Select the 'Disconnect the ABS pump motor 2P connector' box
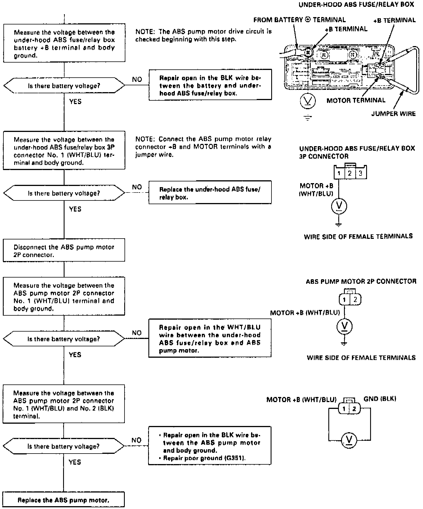pos(64,250)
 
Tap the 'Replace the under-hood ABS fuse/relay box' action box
pos(210,193)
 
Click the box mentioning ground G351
pos(210,446)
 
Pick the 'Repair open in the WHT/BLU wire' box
pos(210,338)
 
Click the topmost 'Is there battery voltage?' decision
pos(64,85)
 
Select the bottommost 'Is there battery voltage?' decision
pos(64,446)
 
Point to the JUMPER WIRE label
pos(393,114)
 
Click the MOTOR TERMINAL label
pos(356,100)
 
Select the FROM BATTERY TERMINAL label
pos(300,20)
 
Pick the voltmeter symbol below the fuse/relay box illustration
pos(308,101)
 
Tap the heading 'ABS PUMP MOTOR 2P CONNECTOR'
pos(361,282)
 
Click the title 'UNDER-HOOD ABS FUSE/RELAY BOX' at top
pos(356,5)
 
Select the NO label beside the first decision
pos(137,80)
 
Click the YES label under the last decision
pos(75,462)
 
